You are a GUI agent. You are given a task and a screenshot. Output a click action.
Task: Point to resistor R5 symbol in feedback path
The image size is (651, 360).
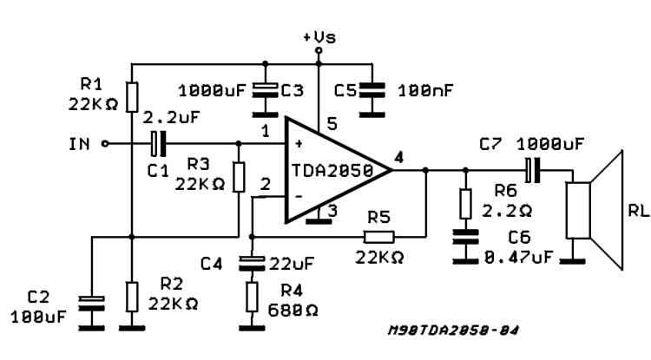378,236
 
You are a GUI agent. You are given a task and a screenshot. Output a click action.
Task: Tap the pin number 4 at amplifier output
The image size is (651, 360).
398,157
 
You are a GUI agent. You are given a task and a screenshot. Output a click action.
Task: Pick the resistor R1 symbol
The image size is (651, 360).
131,96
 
